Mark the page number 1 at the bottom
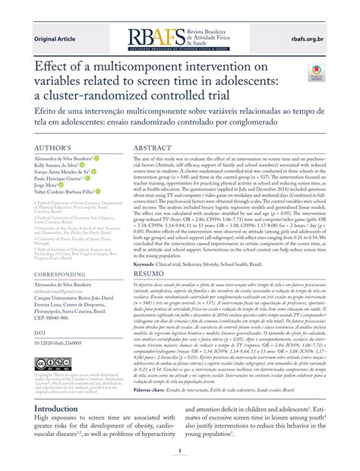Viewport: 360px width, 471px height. click(x=180, y=456)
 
